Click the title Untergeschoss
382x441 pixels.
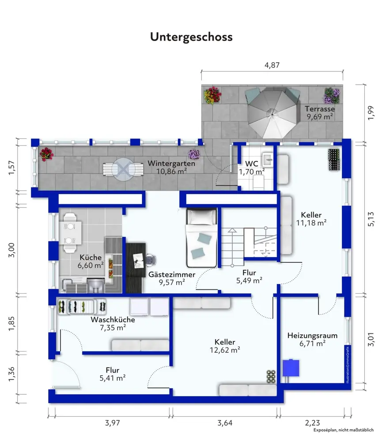pyautogui.click(x=191, y=37)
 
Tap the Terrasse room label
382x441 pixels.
pyautogui.click(x=320, y=109)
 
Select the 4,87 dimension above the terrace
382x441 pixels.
pyautogui.click(x=272, y=65)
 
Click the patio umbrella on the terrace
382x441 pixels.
pyautogui.click(x=272, y=113)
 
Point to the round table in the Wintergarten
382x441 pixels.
pyautogui.click(x=123, y=169)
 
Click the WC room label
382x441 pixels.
pyautogui.click(x=251, y=164)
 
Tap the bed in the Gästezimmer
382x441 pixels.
pyautogui.click(x=201, y=238)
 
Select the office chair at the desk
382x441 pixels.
pyautogui.click(x=151, y=260)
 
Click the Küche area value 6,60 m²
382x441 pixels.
pyautogui.click(x=91, y=265)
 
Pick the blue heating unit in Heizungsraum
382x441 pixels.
pyautogui.click(x=291, y=368)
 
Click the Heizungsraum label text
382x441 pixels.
pyautogui.click(x=312, y=336)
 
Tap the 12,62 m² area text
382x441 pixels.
pyautogui.click(x=225, y=350)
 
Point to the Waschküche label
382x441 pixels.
pyautogui.click(x=113, y=320)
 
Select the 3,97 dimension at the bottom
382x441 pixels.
pyautogui.click(x=113, y=423)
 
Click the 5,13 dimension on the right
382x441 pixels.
pyautogui.click(x=371, y=219)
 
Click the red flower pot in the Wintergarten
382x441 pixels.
pyautogui.click(x=46, y=154)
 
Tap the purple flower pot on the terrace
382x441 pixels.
pyautogui.click(x=332, y=96)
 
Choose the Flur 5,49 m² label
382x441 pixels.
pyautogui.click(x=250, y=277)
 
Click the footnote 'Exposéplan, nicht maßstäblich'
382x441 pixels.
pyautogui.click(x=344, y=430)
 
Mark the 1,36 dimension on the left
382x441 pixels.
pyautogui.click(x=11, y=374)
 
